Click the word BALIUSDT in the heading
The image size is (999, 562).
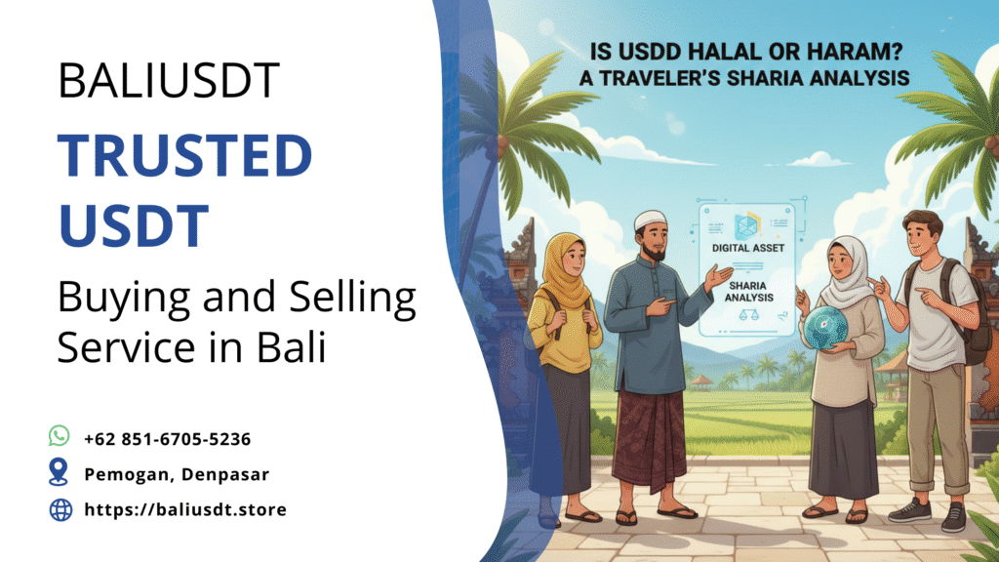(x=169, y=80)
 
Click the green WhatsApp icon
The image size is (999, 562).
(x=60, y=436)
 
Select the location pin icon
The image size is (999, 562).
(x=60, y=473)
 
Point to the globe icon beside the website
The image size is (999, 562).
(x=60, y=509)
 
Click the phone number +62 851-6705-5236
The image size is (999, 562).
(x=168, y=438)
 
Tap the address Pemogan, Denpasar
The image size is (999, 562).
(x=176, y=474)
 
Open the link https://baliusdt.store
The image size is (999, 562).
(x=185, y=509)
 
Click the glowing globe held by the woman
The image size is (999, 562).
(x=826, y=327)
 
